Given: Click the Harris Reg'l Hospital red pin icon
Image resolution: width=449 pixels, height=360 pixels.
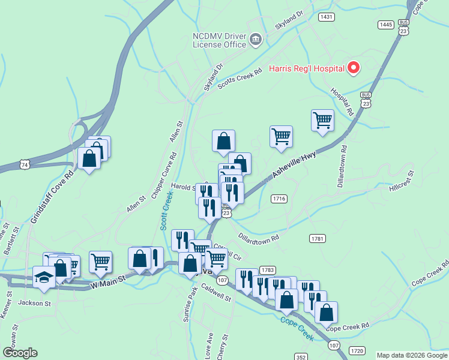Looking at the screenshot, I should tap(354, 68).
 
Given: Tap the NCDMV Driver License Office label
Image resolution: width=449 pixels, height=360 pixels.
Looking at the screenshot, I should tap(220, 40).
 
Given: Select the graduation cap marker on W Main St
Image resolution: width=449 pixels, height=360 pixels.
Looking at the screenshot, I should tap(44, 277).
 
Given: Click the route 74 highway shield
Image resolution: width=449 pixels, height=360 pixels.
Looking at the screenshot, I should tap(24, 164).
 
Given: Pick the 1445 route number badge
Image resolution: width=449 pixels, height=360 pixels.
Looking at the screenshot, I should tap(385, 24).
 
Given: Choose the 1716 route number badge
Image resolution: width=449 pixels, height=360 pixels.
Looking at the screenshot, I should tap(279, 198).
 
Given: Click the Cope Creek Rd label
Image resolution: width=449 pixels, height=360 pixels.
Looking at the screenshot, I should tap(348, 326).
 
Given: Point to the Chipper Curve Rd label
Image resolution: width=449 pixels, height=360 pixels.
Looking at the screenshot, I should tap(164, 174).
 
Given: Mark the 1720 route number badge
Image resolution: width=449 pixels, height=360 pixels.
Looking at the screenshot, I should tap(357, 350).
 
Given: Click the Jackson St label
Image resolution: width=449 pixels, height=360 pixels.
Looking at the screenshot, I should tap(34, 303).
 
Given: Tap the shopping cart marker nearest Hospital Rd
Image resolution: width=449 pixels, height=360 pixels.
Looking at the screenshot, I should tap(322, 121).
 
